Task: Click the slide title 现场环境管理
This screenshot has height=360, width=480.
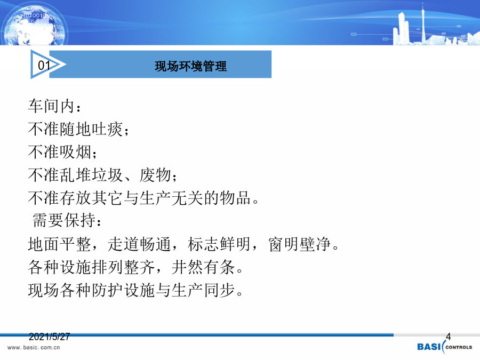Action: point(190,66)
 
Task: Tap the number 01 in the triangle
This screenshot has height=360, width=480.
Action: point(44,65)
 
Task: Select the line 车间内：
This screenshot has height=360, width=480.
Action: point(55,106)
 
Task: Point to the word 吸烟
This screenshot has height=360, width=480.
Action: point(76,152)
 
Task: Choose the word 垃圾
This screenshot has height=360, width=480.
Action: point(107,175)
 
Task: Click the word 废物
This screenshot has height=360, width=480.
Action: point(155,175)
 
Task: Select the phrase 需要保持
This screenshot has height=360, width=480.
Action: point(63,220)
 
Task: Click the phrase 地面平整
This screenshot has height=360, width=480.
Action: point(60,244)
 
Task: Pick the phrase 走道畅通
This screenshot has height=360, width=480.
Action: point(139,244)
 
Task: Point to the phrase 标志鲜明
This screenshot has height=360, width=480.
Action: point(219,244)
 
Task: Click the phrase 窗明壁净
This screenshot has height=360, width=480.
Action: point(299,244)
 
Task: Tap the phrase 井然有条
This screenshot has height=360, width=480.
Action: point(203,267)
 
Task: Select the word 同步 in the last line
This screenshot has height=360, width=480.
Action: point(219,290)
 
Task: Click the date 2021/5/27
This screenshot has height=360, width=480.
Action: point(49,337)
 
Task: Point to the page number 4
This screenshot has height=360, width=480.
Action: point(448,337)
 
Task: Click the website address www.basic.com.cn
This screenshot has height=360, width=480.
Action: point(34,347)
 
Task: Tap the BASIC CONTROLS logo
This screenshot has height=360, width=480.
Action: point(444,347)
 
